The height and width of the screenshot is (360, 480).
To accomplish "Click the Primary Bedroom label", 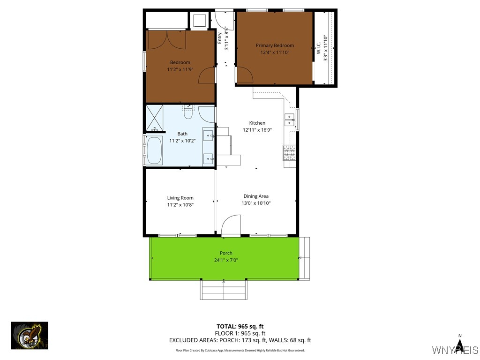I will [275, 45].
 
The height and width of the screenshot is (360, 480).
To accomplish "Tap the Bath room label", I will [182, 134].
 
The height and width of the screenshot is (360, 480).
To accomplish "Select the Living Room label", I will [180, 198].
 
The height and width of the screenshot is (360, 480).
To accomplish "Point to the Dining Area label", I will [256, 196].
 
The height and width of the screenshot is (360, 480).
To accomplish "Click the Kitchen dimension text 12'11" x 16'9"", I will [257, 130].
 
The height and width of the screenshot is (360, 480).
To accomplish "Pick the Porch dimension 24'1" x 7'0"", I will [226, 260].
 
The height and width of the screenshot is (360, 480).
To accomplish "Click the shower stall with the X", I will [155, 118].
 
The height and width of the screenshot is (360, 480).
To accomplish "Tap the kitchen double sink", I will [289, 120].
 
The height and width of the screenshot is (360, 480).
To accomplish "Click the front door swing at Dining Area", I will [231, 225].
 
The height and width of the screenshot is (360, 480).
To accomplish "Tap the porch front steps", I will [224, 290].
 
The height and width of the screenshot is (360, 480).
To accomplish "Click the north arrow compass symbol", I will [460, 345].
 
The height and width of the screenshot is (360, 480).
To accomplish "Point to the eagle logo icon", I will [30, 336].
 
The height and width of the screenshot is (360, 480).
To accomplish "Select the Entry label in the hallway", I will [219, 37].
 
